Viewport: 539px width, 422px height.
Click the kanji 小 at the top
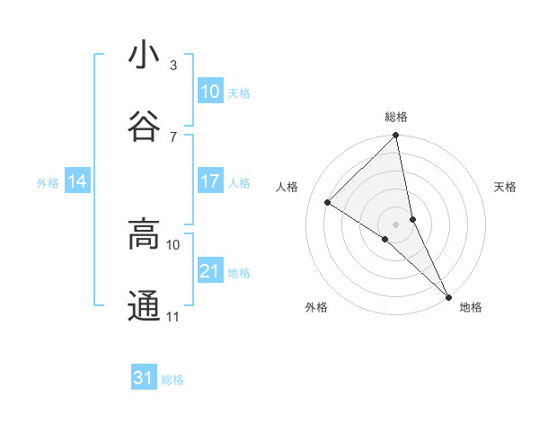(144, 56)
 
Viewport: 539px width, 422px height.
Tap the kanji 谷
(144, 126)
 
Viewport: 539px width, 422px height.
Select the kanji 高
(144, 235)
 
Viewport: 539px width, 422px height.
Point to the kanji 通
(144, 306)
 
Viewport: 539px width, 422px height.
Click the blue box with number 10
(209, 92)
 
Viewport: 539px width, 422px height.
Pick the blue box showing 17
(209, 181)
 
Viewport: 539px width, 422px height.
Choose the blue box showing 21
(209, 271)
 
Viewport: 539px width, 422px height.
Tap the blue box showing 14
(77, 181)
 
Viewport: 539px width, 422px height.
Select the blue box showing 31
(144, 378)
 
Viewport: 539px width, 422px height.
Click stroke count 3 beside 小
(173, 66)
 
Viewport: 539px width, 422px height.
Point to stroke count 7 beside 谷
(173, 136)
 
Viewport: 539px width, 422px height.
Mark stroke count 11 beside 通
(173, 317)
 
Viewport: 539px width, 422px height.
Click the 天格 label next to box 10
(238, 92)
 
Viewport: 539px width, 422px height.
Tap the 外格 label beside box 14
(48, 182)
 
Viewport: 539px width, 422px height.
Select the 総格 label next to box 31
(172, 380)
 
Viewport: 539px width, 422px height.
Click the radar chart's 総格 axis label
(396, 117)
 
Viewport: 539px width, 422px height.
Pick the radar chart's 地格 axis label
(471, 307)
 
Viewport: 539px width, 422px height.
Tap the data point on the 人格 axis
(328, 202)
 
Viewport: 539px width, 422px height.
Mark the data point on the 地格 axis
(448, 297)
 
